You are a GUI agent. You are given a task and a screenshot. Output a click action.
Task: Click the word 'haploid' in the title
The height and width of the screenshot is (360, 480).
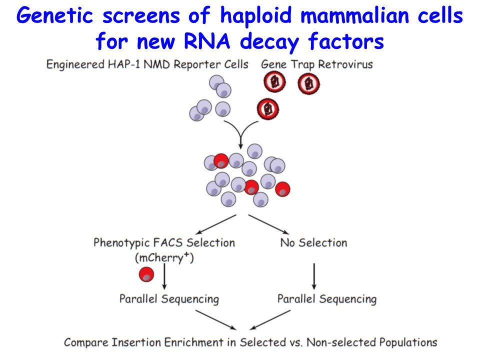tap(256, 16)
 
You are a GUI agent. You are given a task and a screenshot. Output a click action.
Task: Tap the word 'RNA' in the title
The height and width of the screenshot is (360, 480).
tap(206, 41)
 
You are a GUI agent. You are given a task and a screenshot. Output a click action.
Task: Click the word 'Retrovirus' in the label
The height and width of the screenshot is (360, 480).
tap(345, 64)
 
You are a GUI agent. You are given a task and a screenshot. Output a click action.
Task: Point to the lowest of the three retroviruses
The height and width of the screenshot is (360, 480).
tap(268, 109)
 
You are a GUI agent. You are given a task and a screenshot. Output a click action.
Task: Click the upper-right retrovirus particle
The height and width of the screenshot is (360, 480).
tap(308, 83)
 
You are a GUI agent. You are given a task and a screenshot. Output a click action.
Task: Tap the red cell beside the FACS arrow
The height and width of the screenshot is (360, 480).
tap(146, 274)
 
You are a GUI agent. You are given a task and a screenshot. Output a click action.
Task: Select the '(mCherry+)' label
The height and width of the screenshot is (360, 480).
tap(164, 257)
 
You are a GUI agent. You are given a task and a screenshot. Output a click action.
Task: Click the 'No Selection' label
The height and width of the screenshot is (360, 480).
tap(314, 243)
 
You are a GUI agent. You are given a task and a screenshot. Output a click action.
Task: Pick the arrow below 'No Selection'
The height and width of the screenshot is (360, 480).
tap(314, 276)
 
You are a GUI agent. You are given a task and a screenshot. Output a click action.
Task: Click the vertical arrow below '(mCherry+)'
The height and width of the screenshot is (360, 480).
tap(164, 276)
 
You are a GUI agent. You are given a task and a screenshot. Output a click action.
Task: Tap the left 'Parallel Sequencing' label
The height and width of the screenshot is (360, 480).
tap(169, 299)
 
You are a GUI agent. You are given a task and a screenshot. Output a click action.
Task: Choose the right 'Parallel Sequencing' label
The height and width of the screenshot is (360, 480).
tap(327, 299)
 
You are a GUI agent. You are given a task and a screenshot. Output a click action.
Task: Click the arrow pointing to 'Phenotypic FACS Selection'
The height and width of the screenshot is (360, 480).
tap(216, 224)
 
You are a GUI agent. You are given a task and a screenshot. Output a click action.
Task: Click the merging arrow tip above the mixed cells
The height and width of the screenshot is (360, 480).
tap(240, 148)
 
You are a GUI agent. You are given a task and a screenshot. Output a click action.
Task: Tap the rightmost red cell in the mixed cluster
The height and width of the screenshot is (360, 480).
tap(282, 189)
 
